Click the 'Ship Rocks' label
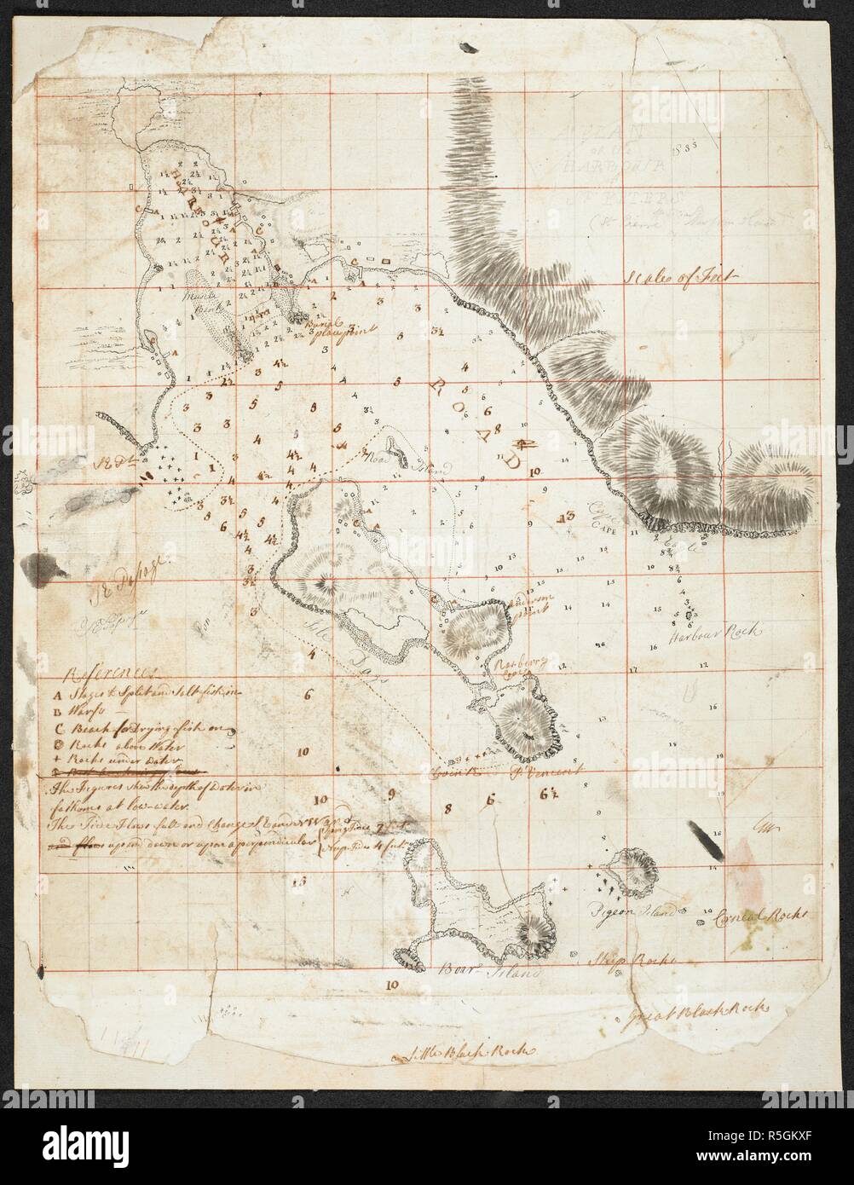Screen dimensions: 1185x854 click(x=633, y=959)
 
